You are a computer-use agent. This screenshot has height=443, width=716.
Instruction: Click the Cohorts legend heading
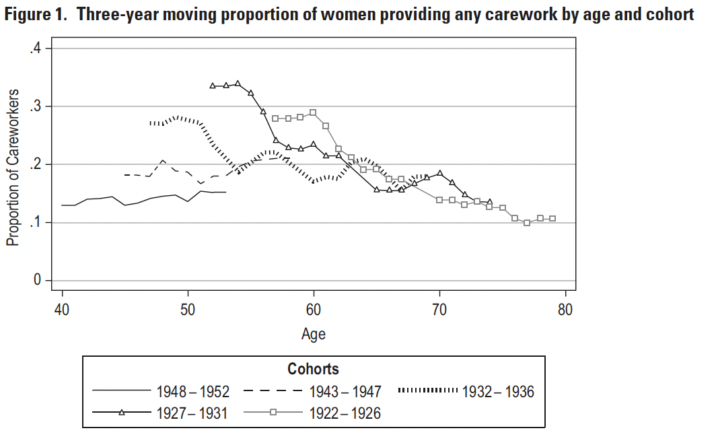(313, 369)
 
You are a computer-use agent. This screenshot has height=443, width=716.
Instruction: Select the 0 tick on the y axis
(38, 280)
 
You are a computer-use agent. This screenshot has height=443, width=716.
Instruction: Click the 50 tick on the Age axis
(188, 310)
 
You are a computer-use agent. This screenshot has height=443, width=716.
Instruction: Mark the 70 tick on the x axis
(439, 310)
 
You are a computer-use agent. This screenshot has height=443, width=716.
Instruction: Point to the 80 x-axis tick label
(565, 310)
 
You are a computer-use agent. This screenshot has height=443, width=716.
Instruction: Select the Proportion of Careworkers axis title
(13, 168)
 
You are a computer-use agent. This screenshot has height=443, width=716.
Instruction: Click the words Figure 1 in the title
(36, 15)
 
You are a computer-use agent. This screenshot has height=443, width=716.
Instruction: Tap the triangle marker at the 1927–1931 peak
(238, 83)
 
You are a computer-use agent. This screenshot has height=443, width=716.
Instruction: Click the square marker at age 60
(313, 112)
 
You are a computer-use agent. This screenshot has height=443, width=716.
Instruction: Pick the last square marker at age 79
(552, 219)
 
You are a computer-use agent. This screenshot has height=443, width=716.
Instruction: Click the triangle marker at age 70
(439, 173)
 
